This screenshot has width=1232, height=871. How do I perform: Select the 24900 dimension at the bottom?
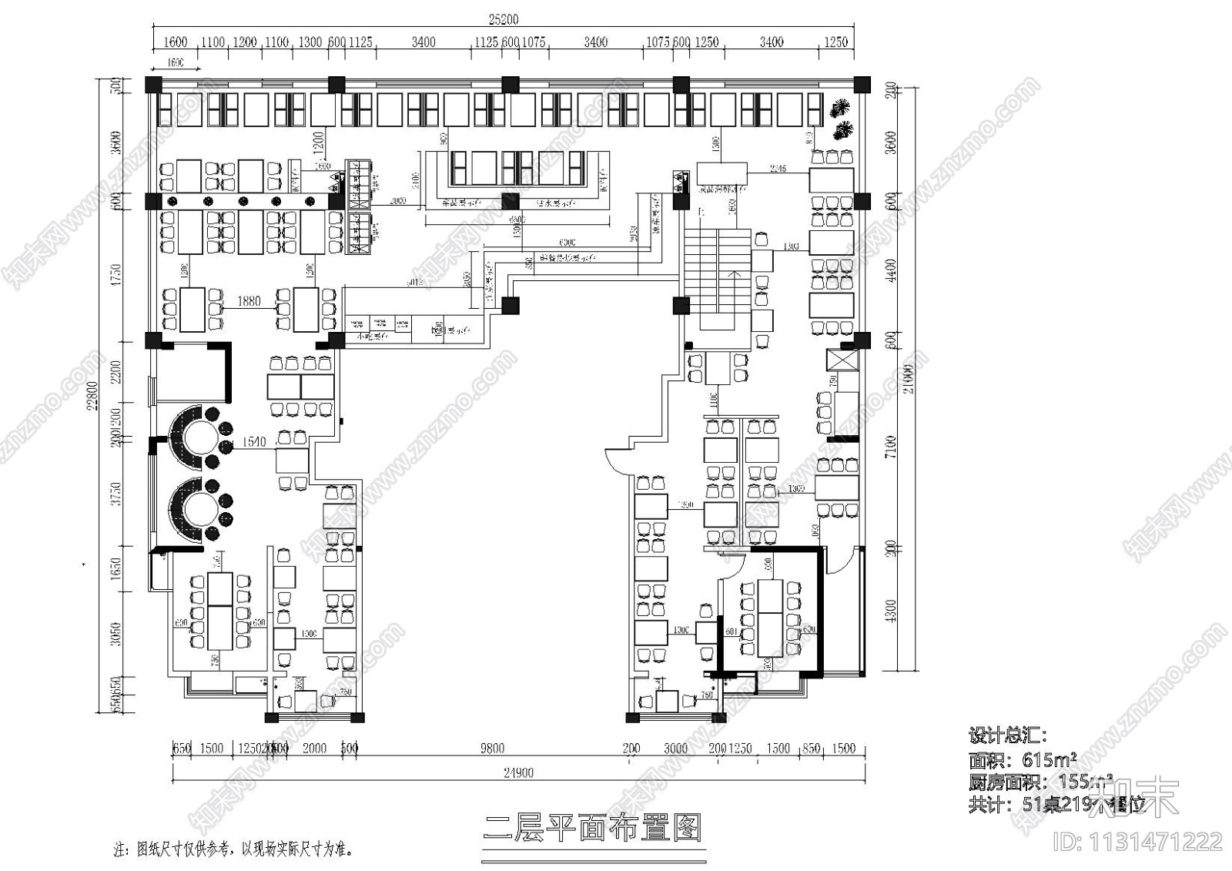point(519,772)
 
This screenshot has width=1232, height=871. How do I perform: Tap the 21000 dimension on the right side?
point(910,378)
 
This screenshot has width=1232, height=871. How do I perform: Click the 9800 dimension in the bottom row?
point(492,748)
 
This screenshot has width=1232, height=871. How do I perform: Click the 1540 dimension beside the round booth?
point(253,442)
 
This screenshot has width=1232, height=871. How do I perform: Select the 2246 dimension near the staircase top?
point(778,168)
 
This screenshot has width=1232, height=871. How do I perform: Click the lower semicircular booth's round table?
point(197,505)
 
